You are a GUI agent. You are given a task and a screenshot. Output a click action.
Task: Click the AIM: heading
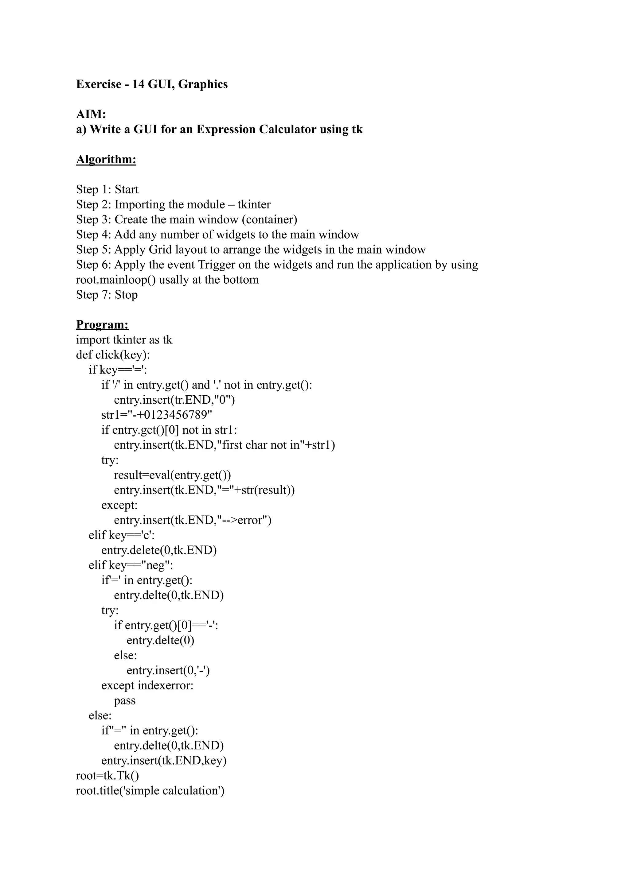(91, 114)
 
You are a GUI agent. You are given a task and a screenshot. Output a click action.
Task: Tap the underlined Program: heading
(102, 324)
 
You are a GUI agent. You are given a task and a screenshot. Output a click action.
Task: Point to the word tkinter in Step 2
(254, 204)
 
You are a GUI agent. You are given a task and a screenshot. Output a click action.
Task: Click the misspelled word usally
(174, 280)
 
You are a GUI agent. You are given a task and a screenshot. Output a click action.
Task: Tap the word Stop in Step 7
(126, 295)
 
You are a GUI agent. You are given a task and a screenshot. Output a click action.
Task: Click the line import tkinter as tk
(124, 340)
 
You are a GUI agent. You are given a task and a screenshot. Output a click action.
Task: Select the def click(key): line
(113, 355)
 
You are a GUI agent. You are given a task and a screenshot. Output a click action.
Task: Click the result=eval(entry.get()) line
(172, 475)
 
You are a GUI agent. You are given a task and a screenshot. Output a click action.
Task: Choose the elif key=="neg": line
(131, 565)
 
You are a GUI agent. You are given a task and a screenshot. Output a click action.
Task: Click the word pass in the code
(125, 701)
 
